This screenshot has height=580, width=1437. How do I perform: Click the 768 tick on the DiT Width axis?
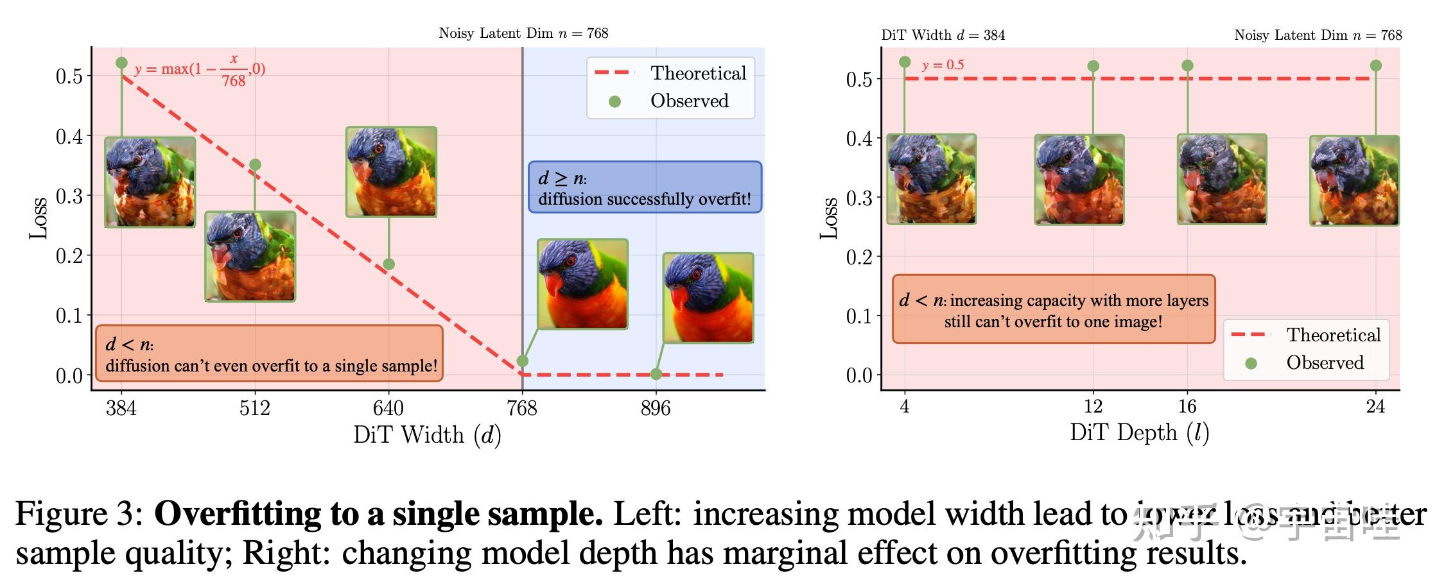[522, 408]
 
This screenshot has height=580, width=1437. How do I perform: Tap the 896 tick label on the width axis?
[655, 408]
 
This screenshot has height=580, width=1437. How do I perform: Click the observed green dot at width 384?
[121, 63]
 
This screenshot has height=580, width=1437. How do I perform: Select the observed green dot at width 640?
[388, 264]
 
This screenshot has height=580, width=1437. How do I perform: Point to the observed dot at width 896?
[656, 374]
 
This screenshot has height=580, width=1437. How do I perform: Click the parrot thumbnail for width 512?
[250, 257]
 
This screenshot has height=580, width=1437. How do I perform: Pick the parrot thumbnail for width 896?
[708, 298]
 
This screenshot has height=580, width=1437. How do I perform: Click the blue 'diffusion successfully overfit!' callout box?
[645, 187]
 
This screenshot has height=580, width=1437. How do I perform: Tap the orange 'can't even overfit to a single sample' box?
[270, 354]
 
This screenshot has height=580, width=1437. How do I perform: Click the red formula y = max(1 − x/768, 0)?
[200, 69]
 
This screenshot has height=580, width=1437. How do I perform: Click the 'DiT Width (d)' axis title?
[427, 436]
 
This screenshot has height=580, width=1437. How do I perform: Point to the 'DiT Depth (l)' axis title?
[1139, 433]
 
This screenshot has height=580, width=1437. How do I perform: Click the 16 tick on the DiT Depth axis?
[1187, 407]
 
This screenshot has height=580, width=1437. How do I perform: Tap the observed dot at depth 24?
[1375, 65]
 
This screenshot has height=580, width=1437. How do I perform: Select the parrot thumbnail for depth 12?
[1079, 180]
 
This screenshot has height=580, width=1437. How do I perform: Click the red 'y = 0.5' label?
[943, 65]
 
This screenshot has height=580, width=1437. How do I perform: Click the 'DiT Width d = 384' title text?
[943, 35]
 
